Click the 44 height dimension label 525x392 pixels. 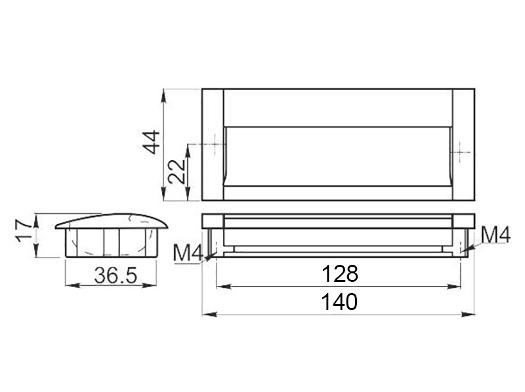pyautogui.click(x=153, y=142)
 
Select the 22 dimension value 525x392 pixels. pyautogui.click(x=177, y=171)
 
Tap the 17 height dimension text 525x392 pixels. pyautogui.click(x=24, y=231)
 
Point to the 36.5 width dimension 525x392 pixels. pyautogui.click(x=115, y=275)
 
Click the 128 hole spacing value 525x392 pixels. pyautogui.click(x=339, y=273)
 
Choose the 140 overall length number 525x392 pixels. pyautogui.click(x=339, y=302)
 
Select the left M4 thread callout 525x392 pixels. pyautogui.click(x=188, y=254)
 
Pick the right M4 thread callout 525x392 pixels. pyautogui.click(x=495, y=235)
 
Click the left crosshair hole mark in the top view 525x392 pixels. pyautogui.click(x=215, y=144)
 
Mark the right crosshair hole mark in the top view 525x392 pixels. pyautogui.click(x=461, y=153)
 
